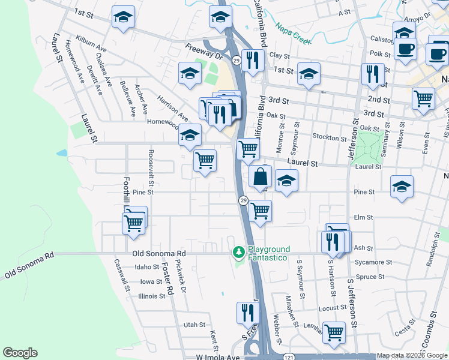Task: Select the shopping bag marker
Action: click(x=261, y=177)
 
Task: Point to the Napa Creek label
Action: click(x=293, y=34)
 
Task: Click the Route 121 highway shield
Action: click(x=289, y=356)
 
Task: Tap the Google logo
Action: click(x=20, y=353)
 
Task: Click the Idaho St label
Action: click(x=147, y=267)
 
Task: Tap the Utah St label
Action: click(x=194, y=325)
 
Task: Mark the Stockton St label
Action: click(x=326, y=137)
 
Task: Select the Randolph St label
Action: click(x=430, y=254)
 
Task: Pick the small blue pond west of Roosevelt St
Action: click(x=62, y=153)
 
